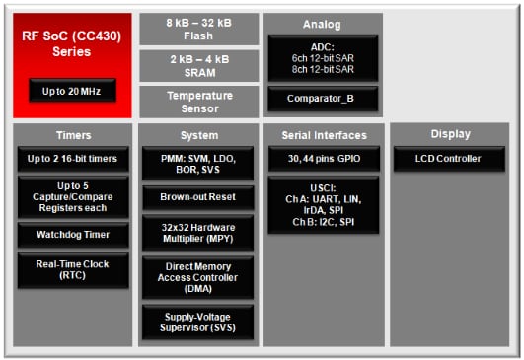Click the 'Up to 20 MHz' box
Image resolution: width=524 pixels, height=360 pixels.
[x=72, y=91]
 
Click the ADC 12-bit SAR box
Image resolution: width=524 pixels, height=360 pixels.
[x=322, y=58]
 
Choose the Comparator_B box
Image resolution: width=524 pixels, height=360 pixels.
[x=322, y=99]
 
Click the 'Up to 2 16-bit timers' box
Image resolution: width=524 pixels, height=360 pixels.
[x=72, y=159]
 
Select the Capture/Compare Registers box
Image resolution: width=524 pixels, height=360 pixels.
[x=72, y=196]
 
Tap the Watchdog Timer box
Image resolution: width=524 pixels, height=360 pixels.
[x=72, y=235]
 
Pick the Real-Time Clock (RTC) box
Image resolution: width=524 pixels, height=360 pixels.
[x=72, y=270]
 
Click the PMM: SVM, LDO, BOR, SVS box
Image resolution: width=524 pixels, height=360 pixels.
[x=199, y=164]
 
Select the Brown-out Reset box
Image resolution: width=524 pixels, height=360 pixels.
[x=199, y=197]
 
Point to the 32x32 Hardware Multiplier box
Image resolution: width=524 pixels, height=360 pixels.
[x=199, y=233]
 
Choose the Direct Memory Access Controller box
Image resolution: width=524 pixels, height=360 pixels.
[x=199, y=277]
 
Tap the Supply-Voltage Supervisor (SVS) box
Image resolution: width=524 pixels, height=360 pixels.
[x=199, y=322]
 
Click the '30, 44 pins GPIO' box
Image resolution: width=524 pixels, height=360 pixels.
[x=322, y=158]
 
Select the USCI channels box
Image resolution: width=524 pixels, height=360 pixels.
[x=322, y=205]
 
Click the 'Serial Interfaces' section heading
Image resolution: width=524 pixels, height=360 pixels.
[x=322, y=135]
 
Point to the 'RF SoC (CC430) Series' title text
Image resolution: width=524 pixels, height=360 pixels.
[x=72, y=43]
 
